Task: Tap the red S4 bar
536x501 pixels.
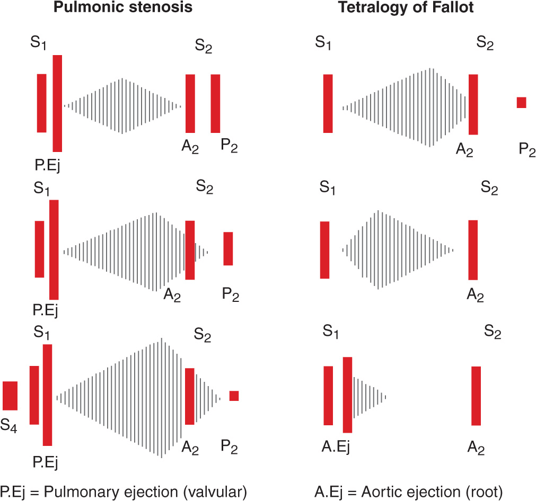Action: pyautogui.click(x=10, y=396)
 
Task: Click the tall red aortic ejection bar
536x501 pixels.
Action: pyautogui.click(x=347, y=395)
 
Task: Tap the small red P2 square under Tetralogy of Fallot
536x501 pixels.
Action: pyautogui.click(x=521, y=103)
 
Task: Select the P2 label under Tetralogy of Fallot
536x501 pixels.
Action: pyautogui.click(x=528, y=150)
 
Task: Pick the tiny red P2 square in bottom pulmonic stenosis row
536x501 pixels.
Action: pyautogui.click(x=234, y=396)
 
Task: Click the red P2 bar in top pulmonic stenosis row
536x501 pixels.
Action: pyautogui.click(x=215, y=103)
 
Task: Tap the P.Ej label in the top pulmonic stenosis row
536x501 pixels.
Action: pyautogui.click(x=47, y=166)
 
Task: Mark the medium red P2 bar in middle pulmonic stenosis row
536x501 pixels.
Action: pyautogui.click(x=228, y=248)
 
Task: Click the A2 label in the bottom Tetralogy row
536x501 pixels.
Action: pyautogui.click(x=476, y=449)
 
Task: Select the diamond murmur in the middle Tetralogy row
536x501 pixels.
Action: pyautogui.click(x=398, y=249)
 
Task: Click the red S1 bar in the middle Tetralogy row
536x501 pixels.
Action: pyautogui.click(x=324, y=249)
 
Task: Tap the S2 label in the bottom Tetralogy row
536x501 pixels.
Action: pyautogui.click(x=493, y=334)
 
